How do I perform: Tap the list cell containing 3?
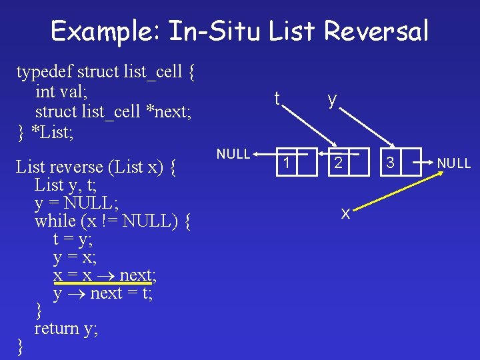(391, 163)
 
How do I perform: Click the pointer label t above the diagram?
(277, 99)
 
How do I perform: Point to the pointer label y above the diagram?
(331, 99)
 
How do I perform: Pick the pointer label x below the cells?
(345, 213)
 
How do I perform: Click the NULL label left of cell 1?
(233, 154)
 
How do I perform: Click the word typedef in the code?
(44, 71)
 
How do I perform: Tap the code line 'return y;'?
(66, 328)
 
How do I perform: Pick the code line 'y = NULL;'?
(77, 202)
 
